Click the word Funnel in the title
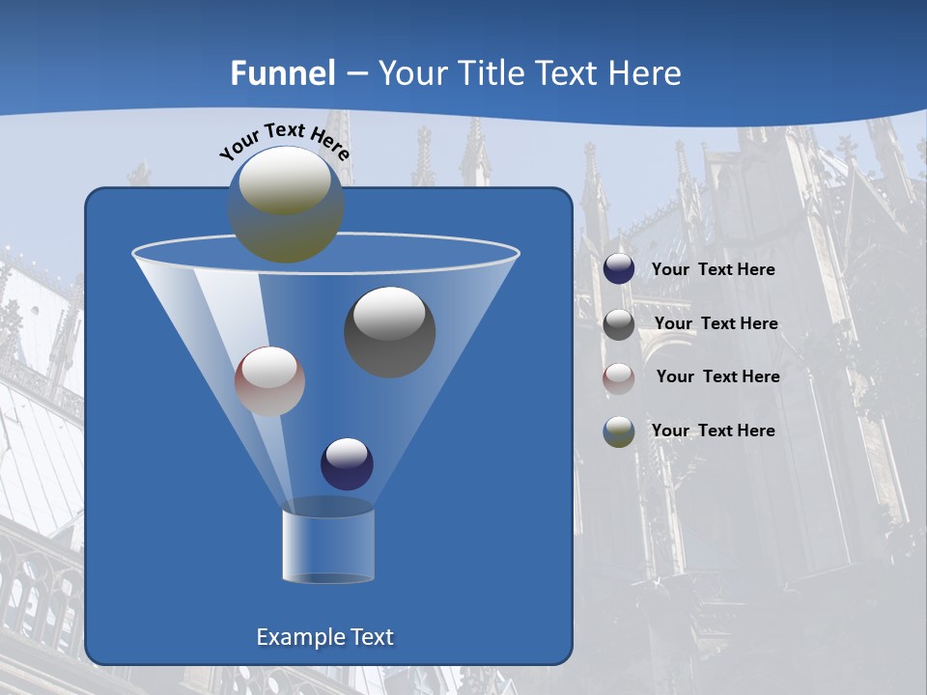point(283,73)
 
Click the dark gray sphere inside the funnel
point(390,332)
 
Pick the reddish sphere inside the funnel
point(269,381)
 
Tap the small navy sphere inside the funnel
point(347,463)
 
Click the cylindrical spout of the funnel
point(327,544)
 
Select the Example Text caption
point(325,637)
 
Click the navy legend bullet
point(619,269)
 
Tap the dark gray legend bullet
point(619,324)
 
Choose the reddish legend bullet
point(619,377)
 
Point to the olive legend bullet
point(619,431)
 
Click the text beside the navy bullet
point(713,270)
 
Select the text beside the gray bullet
point(716,324)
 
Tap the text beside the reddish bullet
point(717,377)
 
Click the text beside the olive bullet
point(713,431)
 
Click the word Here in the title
point(645,73)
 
